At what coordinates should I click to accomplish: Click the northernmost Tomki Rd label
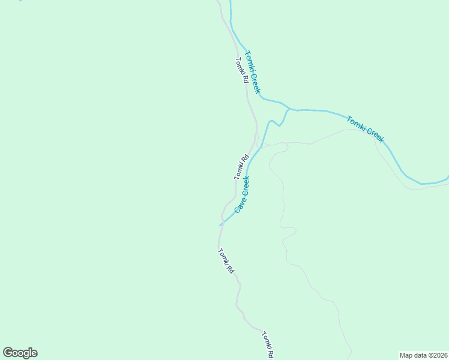click(241, 70)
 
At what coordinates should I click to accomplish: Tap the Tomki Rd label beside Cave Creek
click(241, 167)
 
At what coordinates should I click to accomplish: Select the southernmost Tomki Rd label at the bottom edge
click(268, 345)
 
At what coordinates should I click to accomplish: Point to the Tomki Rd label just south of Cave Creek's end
click(226, 261)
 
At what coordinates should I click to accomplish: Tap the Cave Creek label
click(242, 193)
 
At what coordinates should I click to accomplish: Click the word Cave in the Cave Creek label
click(238, 204)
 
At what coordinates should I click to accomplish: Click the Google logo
click(20, 353)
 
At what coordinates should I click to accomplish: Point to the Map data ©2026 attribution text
click(423, 355)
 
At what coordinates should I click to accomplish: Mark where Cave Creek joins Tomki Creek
click(289, 109)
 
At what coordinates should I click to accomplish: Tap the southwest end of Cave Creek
click(220, 226)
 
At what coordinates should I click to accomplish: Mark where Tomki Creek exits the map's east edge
click(447, 179)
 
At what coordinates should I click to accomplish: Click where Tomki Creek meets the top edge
click(229, 1)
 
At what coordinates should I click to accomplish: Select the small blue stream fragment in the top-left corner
click(20, 1)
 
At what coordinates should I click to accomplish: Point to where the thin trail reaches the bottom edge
click(351, 358)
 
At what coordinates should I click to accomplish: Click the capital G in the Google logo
click(8, 353)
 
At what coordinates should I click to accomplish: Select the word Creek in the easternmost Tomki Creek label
click(373, 135)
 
